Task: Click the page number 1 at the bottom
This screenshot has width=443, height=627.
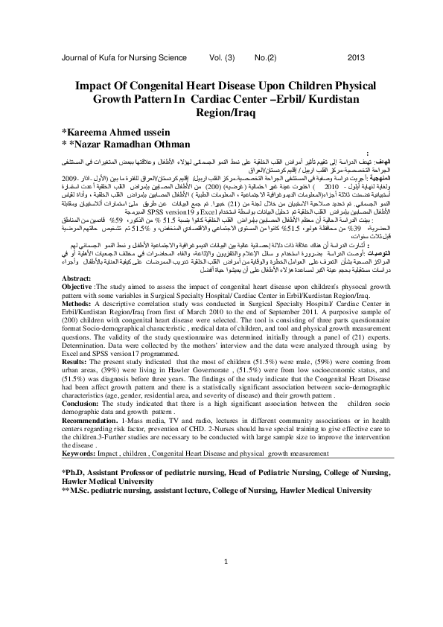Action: [222, 582]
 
